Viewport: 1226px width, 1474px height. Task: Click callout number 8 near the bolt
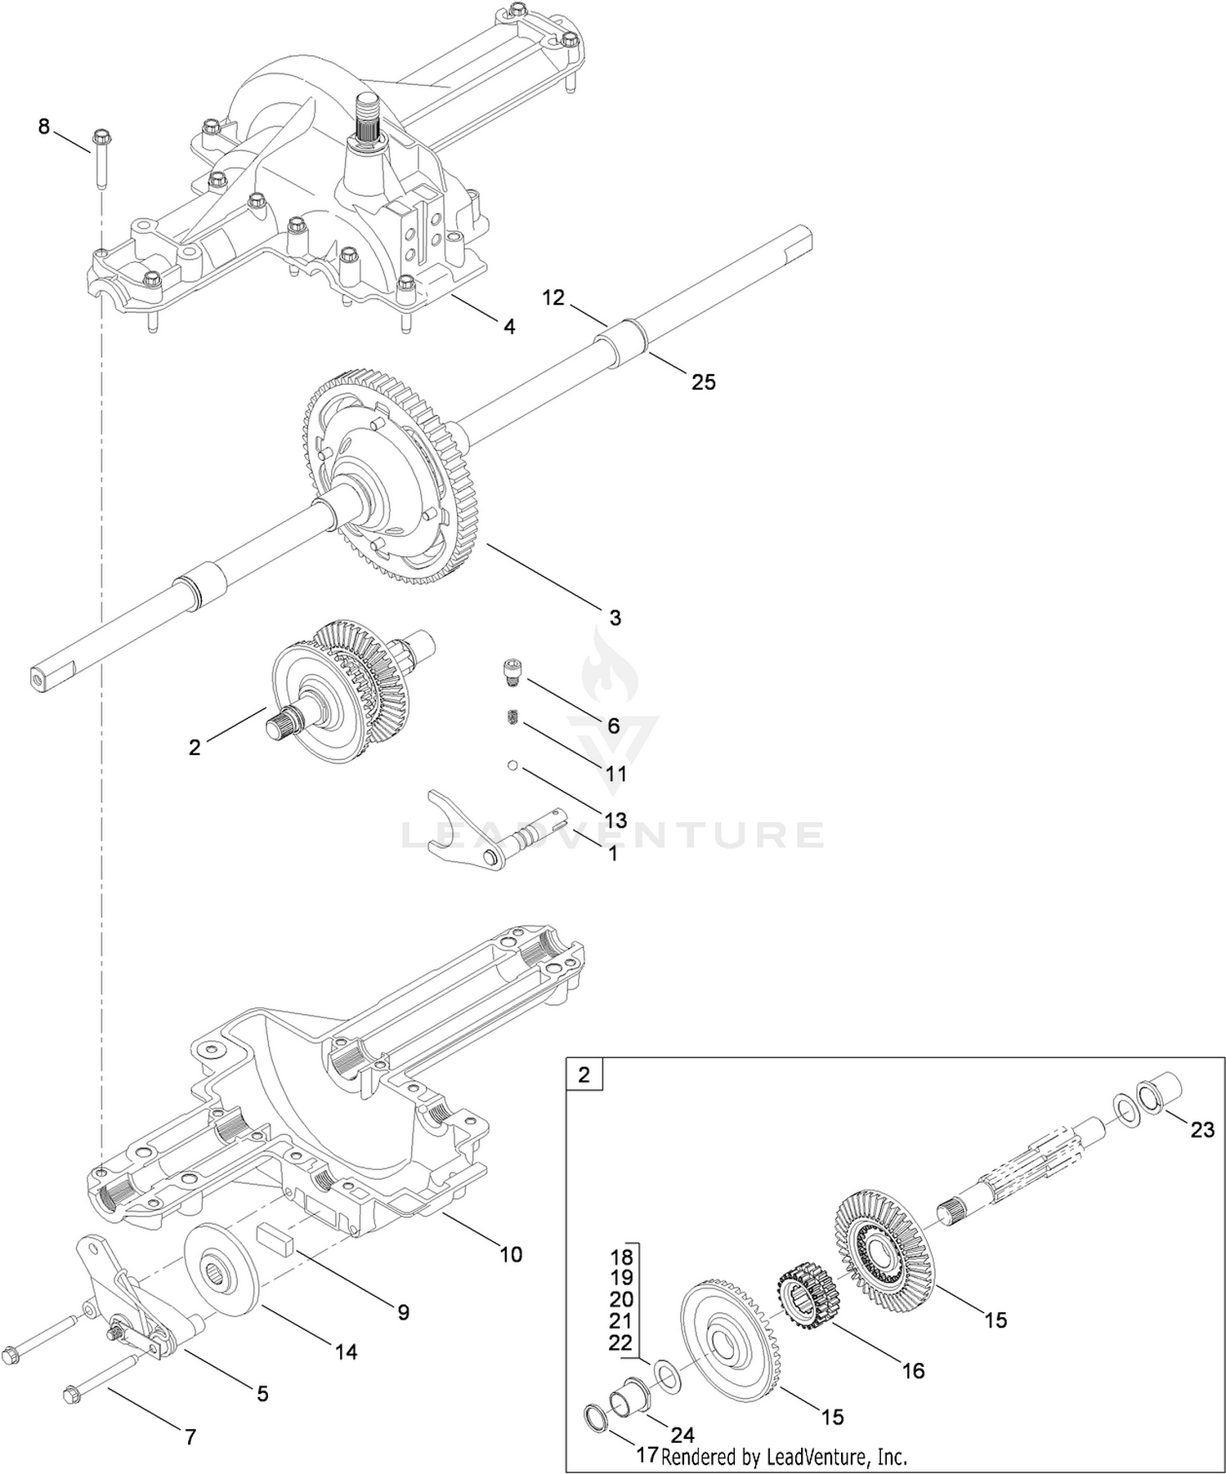(44, 127)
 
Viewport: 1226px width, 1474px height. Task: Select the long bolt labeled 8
(101, 159)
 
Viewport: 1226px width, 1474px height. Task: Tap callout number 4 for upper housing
(509, 327)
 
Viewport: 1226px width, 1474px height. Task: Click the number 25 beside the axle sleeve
(703, 382)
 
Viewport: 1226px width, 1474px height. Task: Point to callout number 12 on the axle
(553, 297)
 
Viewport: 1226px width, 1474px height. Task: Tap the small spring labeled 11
(510, 717)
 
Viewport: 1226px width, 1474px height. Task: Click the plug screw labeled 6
(510, 670)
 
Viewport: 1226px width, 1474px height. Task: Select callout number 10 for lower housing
(511, 1253)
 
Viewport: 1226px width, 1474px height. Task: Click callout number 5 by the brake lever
(262, 1394)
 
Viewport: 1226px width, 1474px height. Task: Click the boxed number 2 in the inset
(584, 1074)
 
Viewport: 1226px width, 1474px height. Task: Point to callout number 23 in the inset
(1201, 1129)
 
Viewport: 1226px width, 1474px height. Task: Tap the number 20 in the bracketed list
(621, 1299)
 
